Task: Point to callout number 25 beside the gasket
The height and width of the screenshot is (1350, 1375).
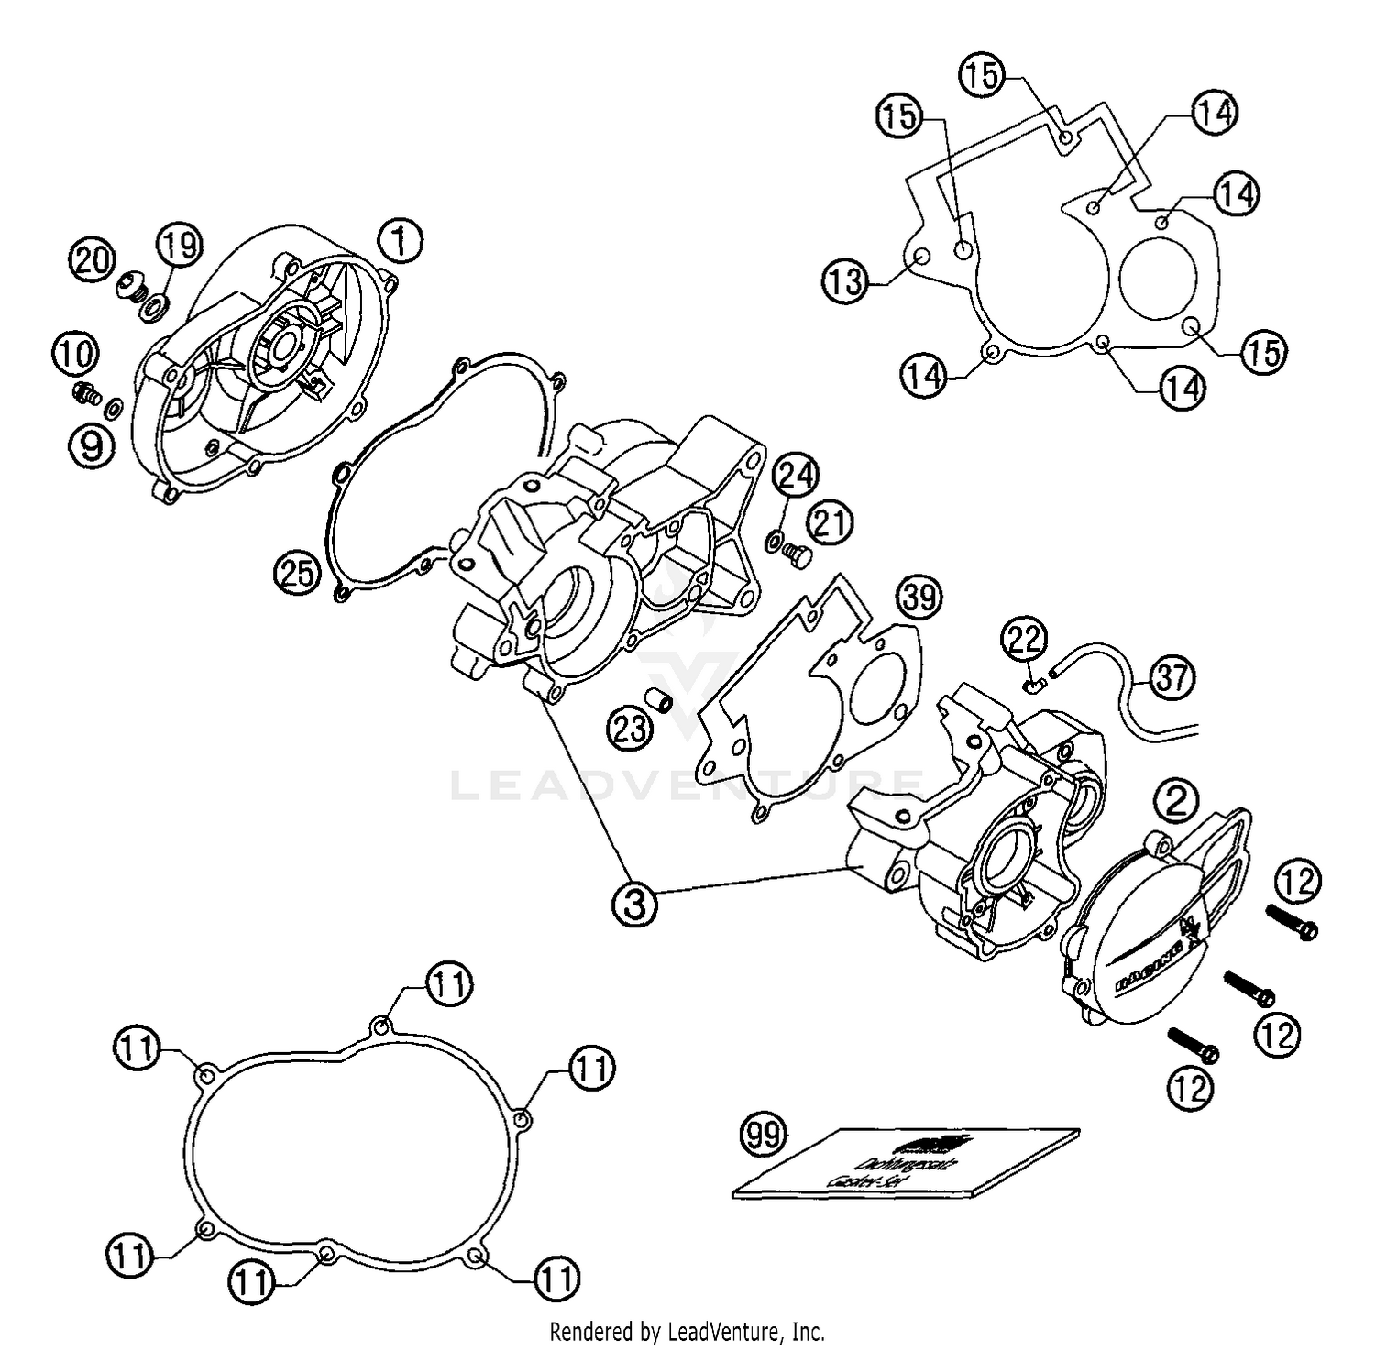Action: click(296, 573)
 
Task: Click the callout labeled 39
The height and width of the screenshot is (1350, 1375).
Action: click(918, 597)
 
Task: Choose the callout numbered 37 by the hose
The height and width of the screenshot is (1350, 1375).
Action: click(1172, 678)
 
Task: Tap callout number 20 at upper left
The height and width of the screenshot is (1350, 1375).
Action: click(93, 260)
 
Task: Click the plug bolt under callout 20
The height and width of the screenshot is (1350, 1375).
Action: click(130, 288)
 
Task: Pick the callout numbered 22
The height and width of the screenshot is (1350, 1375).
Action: click(1023, 639)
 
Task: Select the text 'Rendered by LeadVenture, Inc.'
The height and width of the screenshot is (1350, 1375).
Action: click(687, 1330)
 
